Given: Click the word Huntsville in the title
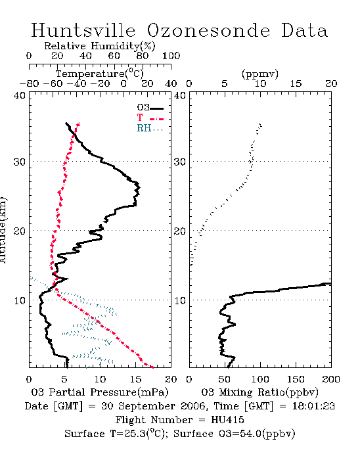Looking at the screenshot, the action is pyautogui.click(x=83, y=30).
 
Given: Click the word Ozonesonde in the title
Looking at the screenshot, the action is pyautogui.click(x=208, y=30).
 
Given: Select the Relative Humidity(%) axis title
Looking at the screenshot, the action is pyautogui.click(x=99, y=46).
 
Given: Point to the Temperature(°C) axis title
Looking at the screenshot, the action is pyautogui.click(x=99, y=74).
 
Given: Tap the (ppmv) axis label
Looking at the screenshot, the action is pyautogui.click(x=259, y=74).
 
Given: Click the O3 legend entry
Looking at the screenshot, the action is pyautogui.click(x=150, y=108).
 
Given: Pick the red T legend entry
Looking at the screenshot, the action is pyautogui.click(x=150, y=118).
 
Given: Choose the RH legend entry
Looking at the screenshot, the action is pyautogui.click(x=150, y=128).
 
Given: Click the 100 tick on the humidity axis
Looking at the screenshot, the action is pyautogui.click(x=171, y=56).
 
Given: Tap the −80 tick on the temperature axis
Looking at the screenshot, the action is pyautogui.click(x=29, y=84).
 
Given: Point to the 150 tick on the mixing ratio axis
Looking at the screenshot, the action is pyautogui.click(x=296, y=379).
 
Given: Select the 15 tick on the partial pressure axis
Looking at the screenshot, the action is pyautogui.click(x=135, y=379).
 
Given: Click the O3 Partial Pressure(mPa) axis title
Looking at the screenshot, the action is pyautogui.click(x=100, y=392).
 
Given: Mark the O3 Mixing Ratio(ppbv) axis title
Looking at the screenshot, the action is pyautogui.click(x=259, y=392).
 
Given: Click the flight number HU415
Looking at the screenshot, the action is pyautogui.click(x=227, y=420).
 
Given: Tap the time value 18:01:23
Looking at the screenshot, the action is pyautogui.click(x=313, y=406).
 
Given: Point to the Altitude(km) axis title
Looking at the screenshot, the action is pyautogui.click(x=3, y=230).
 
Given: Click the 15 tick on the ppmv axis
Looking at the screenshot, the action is pyautogui.click(x=296, y=84).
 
